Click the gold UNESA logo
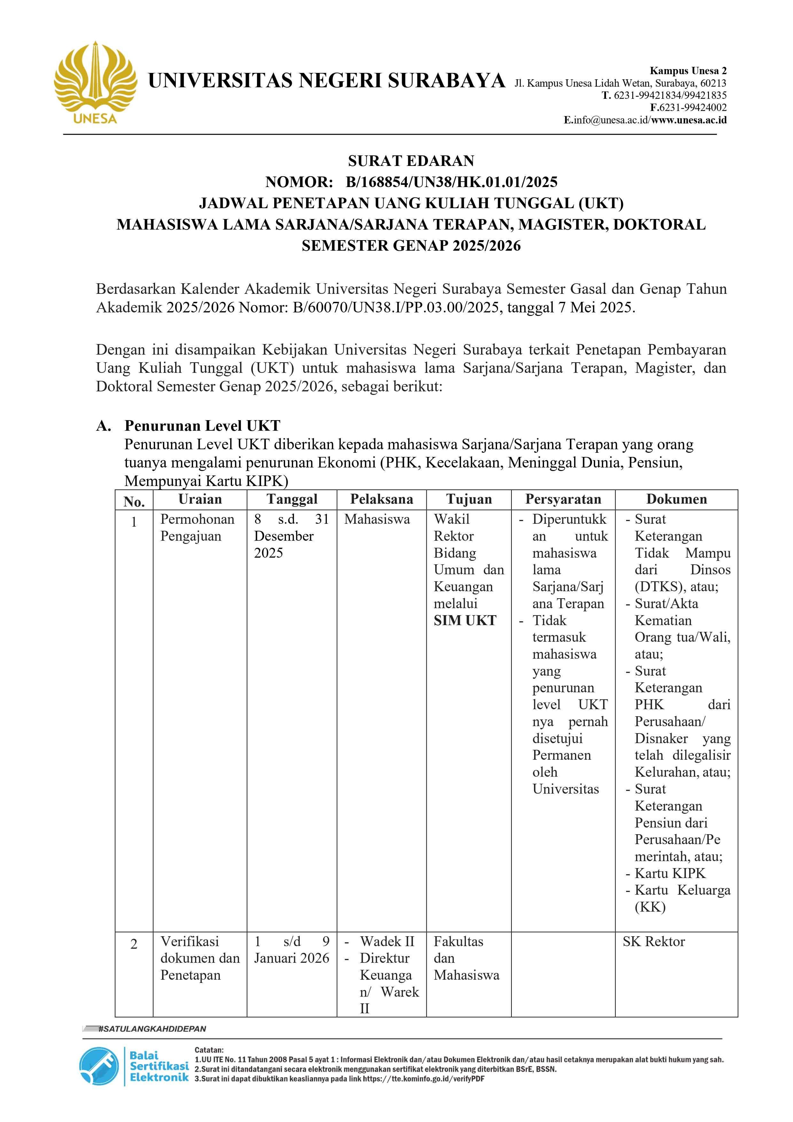[95, 83]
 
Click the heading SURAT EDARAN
[411, 161]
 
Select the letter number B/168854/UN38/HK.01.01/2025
[451, 182]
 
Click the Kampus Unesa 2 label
[688, 71]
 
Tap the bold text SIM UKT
[465, 621]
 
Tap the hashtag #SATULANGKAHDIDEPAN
[152, 1029]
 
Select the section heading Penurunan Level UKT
[202, 426]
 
